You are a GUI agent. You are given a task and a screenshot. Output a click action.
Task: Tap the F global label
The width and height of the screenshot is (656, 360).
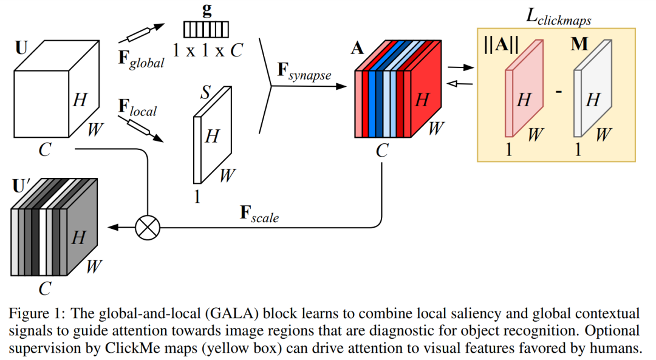[x=140, y=59]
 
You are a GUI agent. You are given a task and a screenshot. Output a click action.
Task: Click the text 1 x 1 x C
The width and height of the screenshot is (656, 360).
[x=207, y=51]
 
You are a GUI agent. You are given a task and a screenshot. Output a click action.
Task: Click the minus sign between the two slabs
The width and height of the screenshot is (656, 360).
[x=559, y=92]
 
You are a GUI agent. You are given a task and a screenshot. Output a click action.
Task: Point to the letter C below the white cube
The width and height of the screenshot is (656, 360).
[x=44, y=149]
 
